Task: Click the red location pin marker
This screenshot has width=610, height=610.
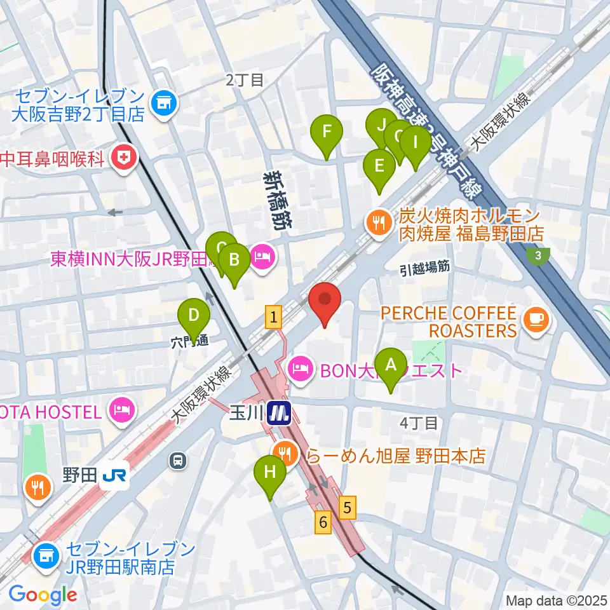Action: (x=325, y=302)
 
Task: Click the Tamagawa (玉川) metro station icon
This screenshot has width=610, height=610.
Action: (x=278, y=413)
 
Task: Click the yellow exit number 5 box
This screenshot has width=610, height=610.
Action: (x=346, y=506)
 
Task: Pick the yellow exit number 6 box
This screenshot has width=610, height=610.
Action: (x=323, y=523)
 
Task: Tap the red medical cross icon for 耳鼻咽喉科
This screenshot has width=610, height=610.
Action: (x=124, y=158)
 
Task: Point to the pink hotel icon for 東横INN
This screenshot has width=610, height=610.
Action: (x=262, y=258)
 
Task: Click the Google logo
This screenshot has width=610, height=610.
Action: (x=43, y=595)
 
